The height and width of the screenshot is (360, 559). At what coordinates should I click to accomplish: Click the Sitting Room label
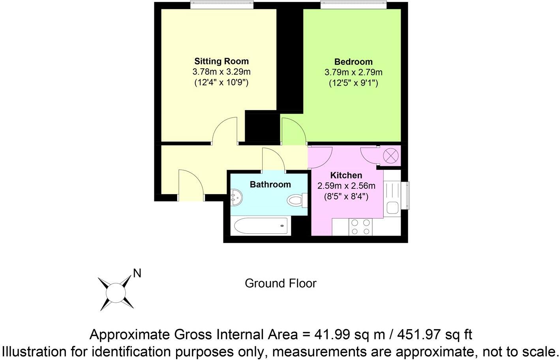tap(221, 61)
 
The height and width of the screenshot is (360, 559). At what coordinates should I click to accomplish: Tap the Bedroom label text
tap(353, 62)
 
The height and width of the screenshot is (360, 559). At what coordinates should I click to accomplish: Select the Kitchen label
tap(346, 175)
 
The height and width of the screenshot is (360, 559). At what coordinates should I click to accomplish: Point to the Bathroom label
tap(270, 184)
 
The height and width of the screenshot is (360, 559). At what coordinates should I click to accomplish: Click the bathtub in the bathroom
tap(262, 226)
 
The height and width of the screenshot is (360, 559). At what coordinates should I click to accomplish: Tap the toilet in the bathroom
tap(296, 201)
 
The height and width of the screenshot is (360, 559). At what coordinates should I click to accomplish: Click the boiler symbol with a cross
tap(390, 155)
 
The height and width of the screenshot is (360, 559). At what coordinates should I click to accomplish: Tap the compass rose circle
tap(116, 293)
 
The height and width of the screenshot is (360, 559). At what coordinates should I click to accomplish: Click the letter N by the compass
tap(137, 273)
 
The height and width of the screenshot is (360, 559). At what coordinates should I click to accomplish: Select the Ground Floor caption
tap(280, 283)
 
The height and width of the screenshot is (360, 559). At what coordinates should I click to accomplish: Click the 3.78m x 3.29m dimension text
tap(221, 72)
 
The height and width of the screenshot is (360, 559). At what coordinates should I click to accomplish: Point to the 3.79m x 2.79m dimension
tap(353, 72)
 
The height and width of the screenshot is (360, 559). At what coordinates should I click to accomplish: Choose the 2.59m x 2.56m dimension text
tap(346, 186)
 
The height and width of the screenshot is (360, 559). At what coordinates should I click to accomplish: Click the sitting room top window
tap(221, 4)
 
